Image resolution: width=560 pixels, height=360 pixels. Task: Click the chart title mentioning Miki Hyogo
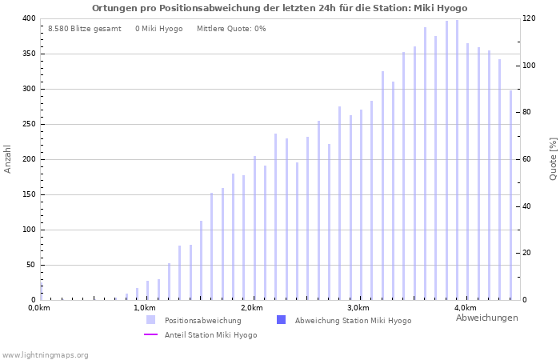tap(279, 8)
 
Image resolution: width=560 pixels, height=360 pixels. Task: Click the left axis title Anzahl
tap(8, 158)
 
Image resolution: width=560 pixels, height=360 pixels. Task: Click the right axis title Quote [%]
tap(553, 158)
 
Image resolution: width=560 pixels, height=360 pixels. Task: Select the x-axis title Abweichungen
tap(486, 318)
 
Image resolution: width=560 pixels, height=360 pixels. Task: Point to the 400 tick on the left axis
tap(28, 18)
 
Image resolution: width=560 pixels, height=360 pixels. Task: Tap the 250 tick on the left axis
tap(28, 124)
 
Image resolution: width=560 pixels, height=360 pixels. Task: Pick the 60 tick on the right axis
tap(529, 159)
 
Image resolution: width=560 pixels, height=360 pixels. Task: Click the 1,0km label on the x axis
tap(145, 308)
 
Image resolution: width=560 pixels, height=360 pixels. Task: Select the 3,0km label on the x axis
tap(358, 308)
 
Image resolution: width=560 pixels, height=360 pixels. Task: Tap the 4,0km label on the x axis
tap(466, 308)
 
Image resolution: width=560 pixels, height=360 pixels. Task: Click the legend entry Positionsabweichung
tap(202, 320)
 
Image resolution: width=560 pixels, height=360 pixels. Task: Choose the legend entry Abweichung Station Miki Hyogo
tap(353, 320)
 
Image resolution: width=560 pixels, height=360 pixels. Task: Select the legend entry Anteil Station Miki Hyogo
tap(210, 334)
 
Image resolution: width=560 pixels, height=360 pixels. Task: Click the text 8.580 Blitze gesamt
tap(84, 29)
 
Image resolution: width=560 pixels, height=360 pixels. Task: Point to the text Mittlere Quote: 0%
tap(231, 29)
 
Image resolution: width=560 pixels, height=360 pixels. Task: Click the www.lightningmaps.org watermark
tap(46, 354)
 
